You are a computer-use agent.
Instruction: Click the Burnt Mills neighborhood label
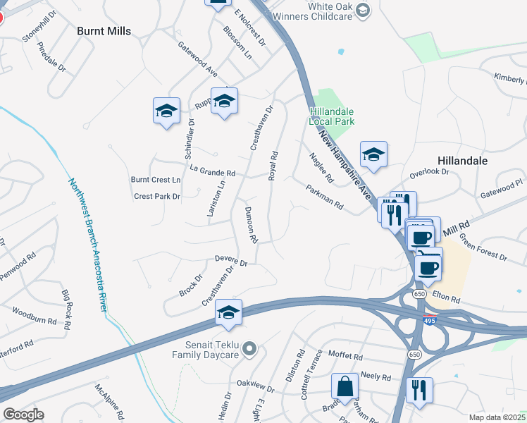pos(104,30)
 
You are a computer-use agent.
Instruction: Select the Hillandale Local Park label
pos(331,116)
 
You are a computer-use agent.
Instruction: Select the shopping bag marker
pos(346,386)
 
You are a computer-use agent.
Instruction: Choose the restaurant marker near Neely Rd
pos(419,390)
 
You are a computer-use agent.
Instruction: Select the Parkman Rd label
pos(324,197)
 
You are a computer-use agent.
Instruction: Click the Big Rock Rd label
pos(67,309)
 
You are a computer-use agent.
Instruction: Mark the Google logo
pos(23,415)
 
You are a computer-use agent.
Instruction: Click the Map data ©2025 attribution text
pos(497,417)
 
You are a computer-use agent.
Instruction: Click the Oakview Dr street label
pos(255,386)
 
